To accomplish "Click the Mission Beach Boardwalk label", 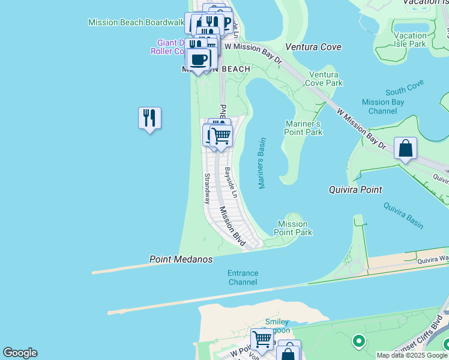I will (136, 22).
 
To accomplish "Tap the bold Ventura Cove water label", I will (313, 47).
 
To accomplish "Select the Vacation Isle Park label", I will (410, 40).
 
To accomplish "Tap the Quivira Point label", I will (355, 190).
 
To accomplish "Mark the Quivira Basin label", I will (403, 215).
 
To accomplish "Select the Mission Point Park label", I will (293, 228).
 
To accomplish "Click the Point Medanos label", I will (181, 259).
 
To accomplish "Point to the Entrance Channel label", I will (243, 277).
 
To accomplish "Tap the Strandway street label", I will (207, 189).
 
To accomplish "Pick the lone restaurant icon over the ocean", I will (149, 118).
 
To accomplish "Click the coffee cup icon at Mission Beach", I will (199, 59).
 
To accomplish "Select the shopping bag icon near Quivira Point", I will (405, 148).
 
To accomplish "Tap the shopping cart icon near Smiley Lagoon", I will (262, 338).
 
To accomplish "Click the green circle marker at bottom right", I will (358, 341).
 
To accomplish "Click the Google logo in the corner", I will (20, 353).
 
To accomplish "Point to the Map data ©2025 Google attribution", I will (412, 355).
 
